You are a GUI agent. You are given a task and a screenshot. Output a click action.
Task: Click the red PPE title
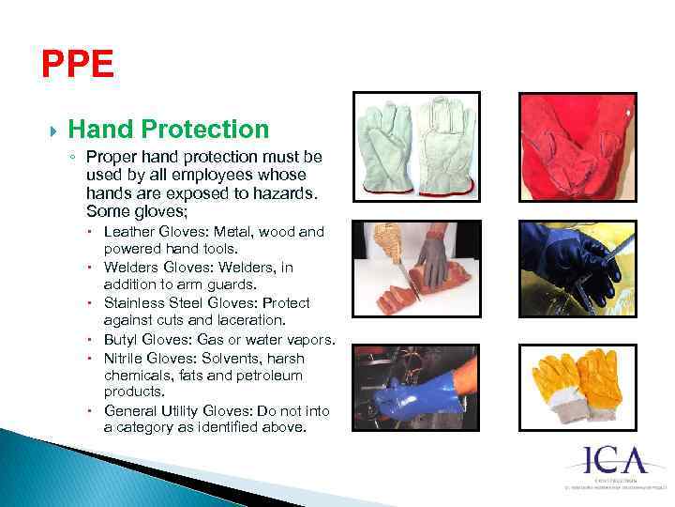tap(78, 65)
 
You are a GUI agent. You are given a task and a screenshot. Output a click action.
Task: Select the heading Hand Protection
tap(169, 130)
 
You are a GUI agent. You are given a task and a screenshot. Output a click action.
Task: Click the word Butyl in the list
tap(122, 339)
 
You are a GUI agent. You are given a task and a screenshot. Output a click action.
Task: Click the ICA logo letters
tap(615, 461)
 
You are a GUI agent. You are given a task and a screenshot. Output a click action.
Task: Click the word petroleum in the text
tap(270, 376)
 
